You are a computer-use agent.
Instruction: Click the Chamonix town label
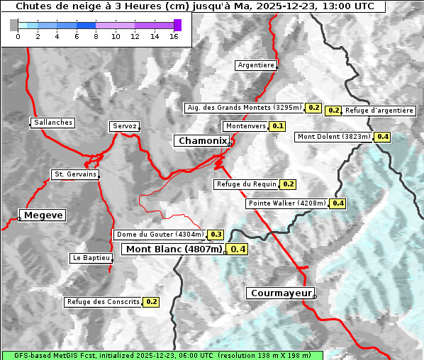(x=202, y=141)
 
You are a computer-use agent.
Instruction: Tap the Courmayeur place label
(x=280, y=293)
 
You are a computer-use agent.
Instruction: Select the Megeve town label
(x=43, y=215)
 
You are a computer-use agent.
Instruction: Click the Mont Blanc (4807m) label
(x=174, y=249)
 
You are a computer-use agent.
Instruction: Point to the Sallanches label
(x=53, y=123)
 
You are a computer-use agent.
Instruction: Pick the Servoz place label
(x=124, y=126)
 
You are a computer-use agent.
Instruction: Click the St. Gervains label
(x=74, y=174)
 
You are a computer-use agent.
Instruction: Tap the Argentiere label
(x=256, y=65)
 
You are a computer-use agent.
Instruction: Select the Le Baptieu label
(x=90, y=258)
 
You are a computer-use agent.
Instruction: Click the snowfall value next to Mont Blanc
(x=238, y=249)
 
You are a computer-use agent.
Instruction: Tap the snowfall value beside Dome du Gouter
(x=216, y=235)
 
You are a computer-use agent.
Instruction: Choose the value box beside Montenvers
(x=277, y=126)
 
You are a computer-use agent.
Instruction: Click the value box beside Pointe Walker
(x=337, y=203)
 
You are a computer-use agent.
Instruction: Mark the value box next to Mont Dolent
(x=383, y=137)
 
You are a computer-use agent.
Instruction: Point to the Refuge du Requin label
(x=246, y=184)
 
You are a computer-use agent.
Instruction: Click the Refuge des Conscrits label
(x=103, y=302)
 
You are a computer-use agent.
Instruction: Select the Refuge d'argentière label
(x=379, y=111)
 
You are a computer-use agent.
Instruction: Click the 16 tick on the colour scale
(x=174, y=36)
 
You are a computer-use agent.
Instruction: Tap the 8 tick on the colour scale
(x=96, y=36)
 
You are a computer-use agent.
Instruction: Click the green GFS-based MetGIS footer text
(x=162, y=356)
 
